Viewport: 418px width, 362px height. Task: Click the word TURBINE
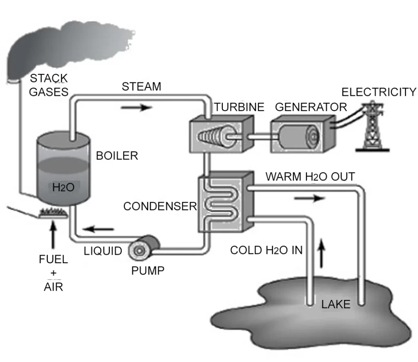coord(240,107)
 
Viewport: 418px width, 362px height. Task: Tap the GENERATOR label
coord(311,107)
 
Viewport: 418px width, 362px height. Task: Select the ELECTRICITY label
coord(379,92)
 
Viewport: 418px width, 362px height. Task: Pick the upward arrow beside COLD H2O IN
coord(322,253)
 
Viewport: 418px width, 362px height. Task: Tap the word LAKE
coord(336,304)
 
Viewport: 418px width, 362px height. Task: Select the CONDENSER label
coord(160,206)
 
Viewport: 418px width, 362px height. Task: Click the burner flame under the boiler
coord(52,212)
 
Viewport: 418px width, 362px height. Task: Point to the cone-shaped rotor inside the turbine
coord(214,136)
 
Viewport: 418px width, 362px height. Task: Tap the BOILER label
coord(117,156)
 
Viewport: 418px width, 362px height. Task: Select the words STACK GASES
coord(48,84)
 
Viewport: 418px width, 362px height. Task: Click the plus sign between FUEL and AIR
coord(53,273)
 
